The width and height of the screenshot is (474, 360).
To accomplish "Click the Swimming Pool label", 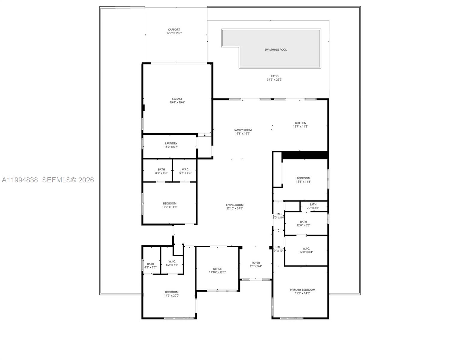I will (275, 49).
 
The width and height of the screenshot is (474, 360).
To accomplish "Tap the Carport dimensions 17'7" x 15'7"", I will (174, 33).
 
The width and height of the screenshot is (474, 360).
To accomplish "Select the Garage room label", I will (177, 99).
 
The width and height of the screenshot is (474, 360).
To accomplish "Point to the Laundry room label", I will (171, 143).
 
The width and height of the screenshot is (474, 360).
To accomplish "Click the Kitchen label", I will (300, 123).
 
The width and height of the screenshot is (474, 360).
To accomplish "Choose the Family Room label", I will (243, 130).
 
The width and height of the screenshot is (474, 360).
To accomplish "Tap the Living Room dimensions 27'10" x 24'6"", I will (234, 208).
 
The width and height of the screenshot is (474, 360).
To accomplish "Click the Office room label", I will (217, 269).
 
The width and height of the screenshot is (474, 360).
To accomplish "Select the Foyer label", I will (256, 263).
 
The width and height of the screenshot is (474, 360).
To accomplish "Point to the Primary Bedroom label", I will (302, 290).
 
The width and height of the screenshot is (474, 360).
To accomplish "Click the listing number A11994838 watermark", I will (20, 180).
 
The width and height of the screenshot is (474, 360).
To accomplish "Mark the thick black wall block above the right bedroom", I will (304, 155).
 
